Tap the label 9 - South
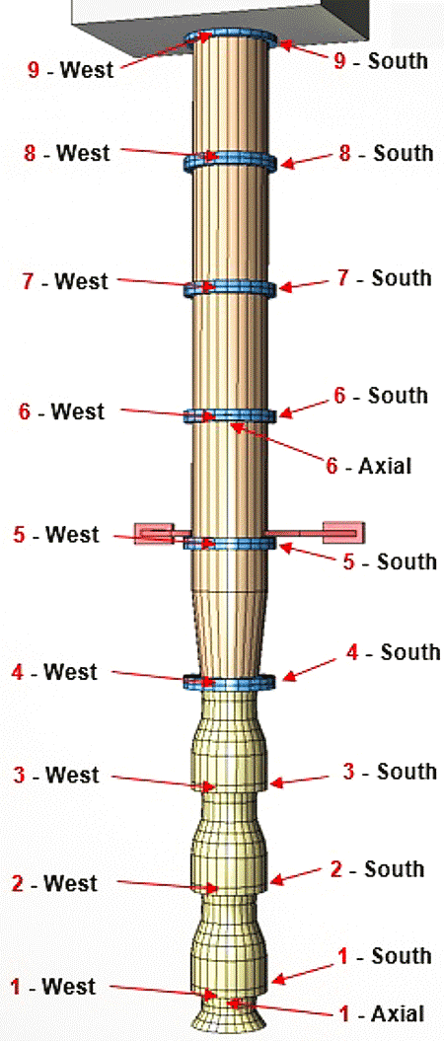click(x=380, y=61)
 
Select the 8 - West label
click(x=66, y=152)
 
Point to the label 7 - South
click(x=384, y=277)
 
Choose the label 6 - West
click(x=62, y=411)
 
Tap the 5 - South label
click(x=390, y=561)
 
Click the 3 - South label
click(x=390, y=772)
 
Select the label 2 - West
click(x=54, y=883)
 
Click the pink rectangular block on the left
click(x=154, y=533)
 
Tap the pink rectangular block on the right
click(x=343, y=532)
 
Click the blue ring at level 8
click(x=230, y=161)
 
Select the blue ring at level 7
click(x=230, y=288)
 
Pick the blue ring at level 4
click(x=230, y=682)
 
